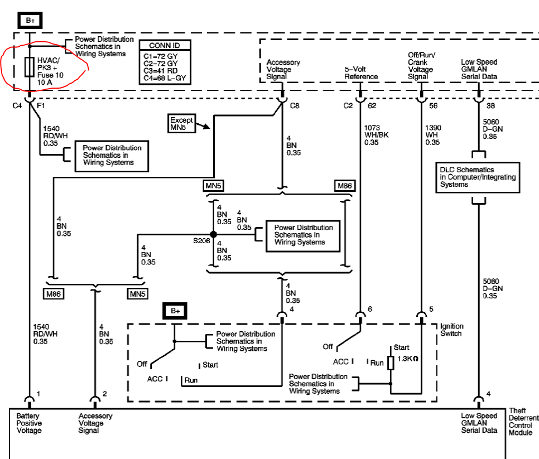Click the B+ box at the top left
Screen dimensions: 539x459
[x=30, y=20]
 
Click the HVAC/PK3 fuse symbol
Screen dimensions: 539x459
[x=30, y=67]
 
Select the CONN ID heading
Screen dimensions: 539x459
[x=164, y=45]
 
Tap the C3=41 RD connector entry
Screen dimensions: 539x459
[x=161, y=71]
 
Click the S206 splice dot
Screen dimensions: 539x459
[x=214, y=234]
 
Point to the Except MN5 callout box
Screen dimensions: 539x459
[x=181, y=123]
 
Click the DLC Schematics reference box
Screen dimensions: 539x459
[x=478, y=177]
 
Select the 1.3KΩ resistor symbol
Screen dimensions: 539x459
[x=391, y=363]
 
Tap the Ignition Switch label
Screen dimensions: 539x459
[x=452, y=330]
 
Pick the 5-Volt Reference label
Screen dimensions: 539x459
[x=361, y=73]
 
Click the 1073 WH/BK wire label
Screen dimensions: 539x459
[x=376, y=135]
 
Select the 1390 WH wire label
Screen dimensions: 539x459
[x=433, y=135]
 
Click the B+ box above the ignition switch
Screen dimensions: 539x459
[x=175, y=311]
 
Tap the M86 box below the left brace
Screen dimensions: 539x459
[x=53, y=294]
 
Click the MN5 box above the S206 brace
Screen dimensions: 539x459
[x=213, y=186]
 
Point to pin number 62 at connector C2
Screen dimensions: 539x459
[x=372, y=105]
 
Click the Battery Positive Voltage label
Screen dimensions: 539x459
[x=29, y=423]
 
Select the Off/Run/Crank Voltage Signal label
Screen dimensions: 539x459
[x=421, y=66]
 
